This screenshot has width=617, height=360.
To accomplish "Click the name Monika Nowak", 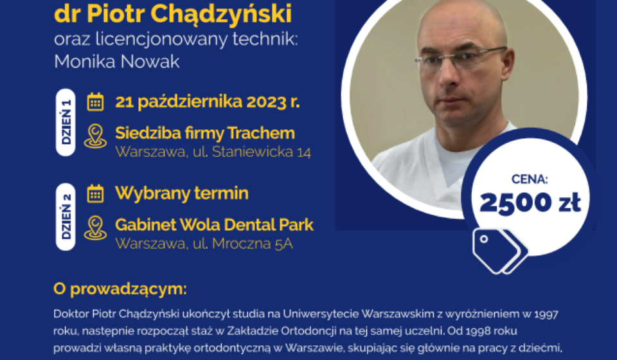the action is point(116,61).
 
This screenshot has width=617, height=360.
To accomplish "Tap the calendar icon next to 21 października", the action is point(95,102).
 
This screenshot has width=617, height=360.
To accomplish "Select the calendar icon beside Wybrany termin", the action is point(95,194).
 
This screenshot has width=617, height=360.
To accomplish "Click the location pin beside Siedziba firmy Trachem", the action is point(95,136).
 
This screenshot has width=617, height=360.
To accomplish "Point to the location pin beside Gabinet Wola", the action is point(95,228).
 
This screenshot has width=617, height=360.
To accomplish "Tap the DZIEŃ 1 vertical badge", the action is point(66,122).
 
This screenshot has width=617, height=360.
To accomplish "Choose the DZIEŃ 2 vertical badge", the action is point(66,217).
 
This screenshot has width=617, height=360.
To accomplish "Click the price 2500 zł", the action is point(530,203).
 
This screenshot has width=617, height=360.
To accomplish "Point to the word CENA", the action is point(530,179).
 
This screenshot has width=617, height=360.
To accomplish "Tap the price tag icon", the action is point(500,251).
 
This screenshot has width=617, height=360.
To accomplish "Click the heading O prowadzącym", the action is point(120,289).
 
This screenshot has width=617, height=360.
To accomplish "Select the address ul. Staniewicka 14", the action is point(252,152).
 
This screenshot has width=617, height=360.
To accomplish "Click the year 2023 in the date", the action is point(266,102).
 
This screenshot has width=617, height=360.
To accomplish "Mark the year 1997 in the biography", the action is point(546,314).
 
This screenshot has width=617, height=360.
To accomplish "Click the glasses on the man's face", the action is point(461,56).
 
